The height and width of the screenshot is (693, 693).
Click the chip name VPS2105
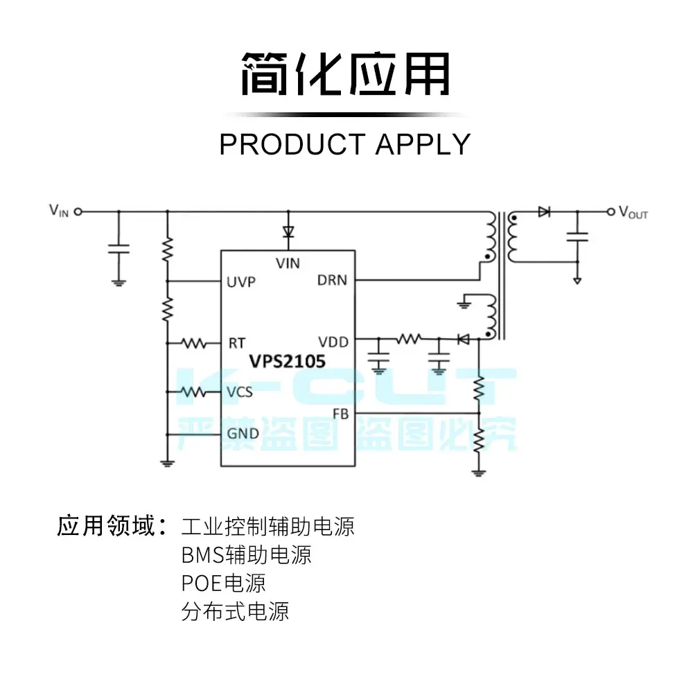[288, 362]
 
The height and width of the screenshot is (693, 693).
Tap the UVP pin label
[240, 282]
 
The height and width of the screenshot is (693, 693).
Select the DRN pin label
[332, 281]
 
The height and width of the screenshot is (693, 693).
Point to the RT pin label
[236, 342]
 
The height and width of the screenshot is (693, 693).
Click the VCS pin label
[239, 392]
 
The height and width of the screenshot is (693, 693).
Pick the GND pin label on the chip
[243, 434]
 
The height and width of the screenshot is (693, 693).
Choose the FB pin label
[340, 414]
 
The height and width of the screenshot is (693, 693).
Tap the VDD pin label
[333, 342]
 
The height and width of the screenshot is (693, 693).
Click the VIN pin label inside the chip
[288, 263]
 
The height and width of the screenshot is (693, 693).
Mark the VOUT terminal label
[633, 213]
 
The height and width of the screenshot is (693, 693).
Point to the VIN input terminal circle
[78, 211]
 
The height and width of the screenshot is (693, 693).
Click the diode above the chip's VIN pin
[288, 233]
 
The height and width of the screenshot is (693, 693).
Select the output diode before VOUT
[544, 211]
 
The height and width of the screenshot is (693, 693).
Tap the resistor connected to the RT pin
[193, 342]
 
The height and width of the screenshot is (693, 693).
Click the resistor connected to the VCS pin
[193, 392]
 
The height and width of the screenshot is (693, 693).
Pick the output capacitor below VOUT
[577, 236]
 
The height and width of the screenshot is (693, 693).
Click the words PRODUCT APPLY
[345, 144]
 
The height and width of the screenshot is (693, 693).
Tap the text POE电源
[223, 583]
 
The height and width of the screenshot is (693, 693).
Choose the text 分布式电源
[235, 611]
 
